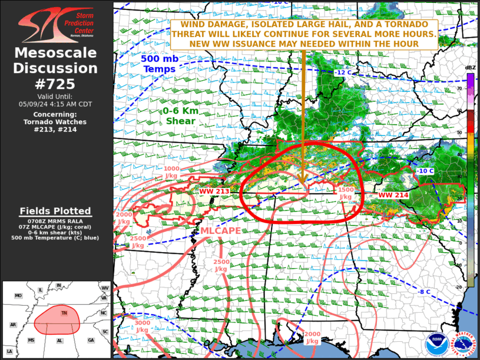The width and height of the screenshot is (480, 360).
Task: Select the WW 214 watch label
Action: pos(393,195)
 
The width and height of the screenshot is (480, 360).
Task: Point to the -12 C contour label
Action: pos(343,72)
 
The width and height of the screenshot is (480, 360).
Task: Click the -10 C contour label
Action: pos(425,171)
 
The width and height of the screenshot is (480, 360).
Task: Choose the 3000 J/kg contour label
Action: pos(143,326)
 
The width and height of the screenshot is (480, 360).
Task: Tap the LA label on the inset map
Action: pos(9,352)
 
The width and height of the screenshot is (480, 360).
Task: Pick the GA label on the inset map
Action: pos(91,341)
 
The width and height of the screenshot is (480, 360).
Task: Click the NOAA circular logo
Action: pos(436,345)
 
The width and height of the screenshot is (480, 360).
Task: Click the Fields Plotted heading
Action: pos(55,211)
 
